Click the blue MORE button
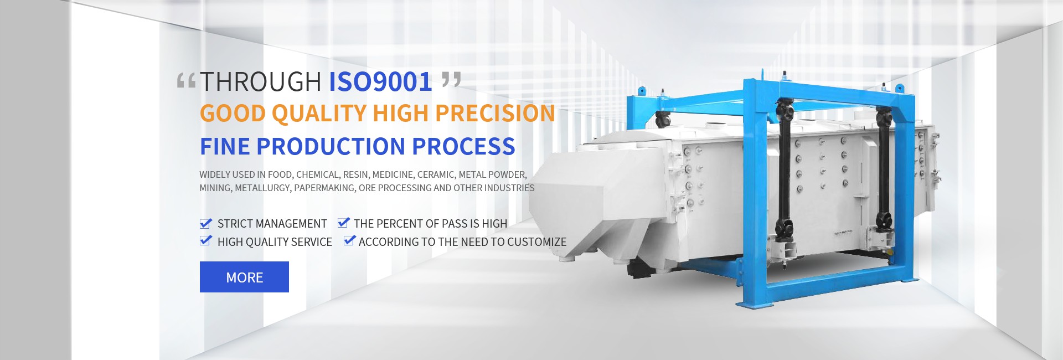click(244, 277)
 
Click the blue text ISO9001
click(380, 82)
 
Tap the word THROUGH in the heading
click(260, 82)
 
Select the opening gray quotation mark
click(186, 81)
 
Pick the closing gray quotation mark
click(451, 80)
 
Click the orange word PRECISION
click(495, 113)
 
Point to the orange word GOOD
click(233, 113)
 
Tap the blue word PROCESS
click(464, 146)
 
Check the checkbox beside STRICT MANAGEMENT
click(205, 223)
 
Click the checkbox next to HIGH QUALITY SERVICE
click(205, 240)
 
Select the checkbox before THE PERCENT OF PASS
click(343, 223)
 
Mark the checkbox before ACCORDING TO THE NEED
click(349, 240)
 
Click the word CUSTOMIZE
click(536, 242)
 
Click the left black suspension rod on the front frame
click(784, 172)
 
